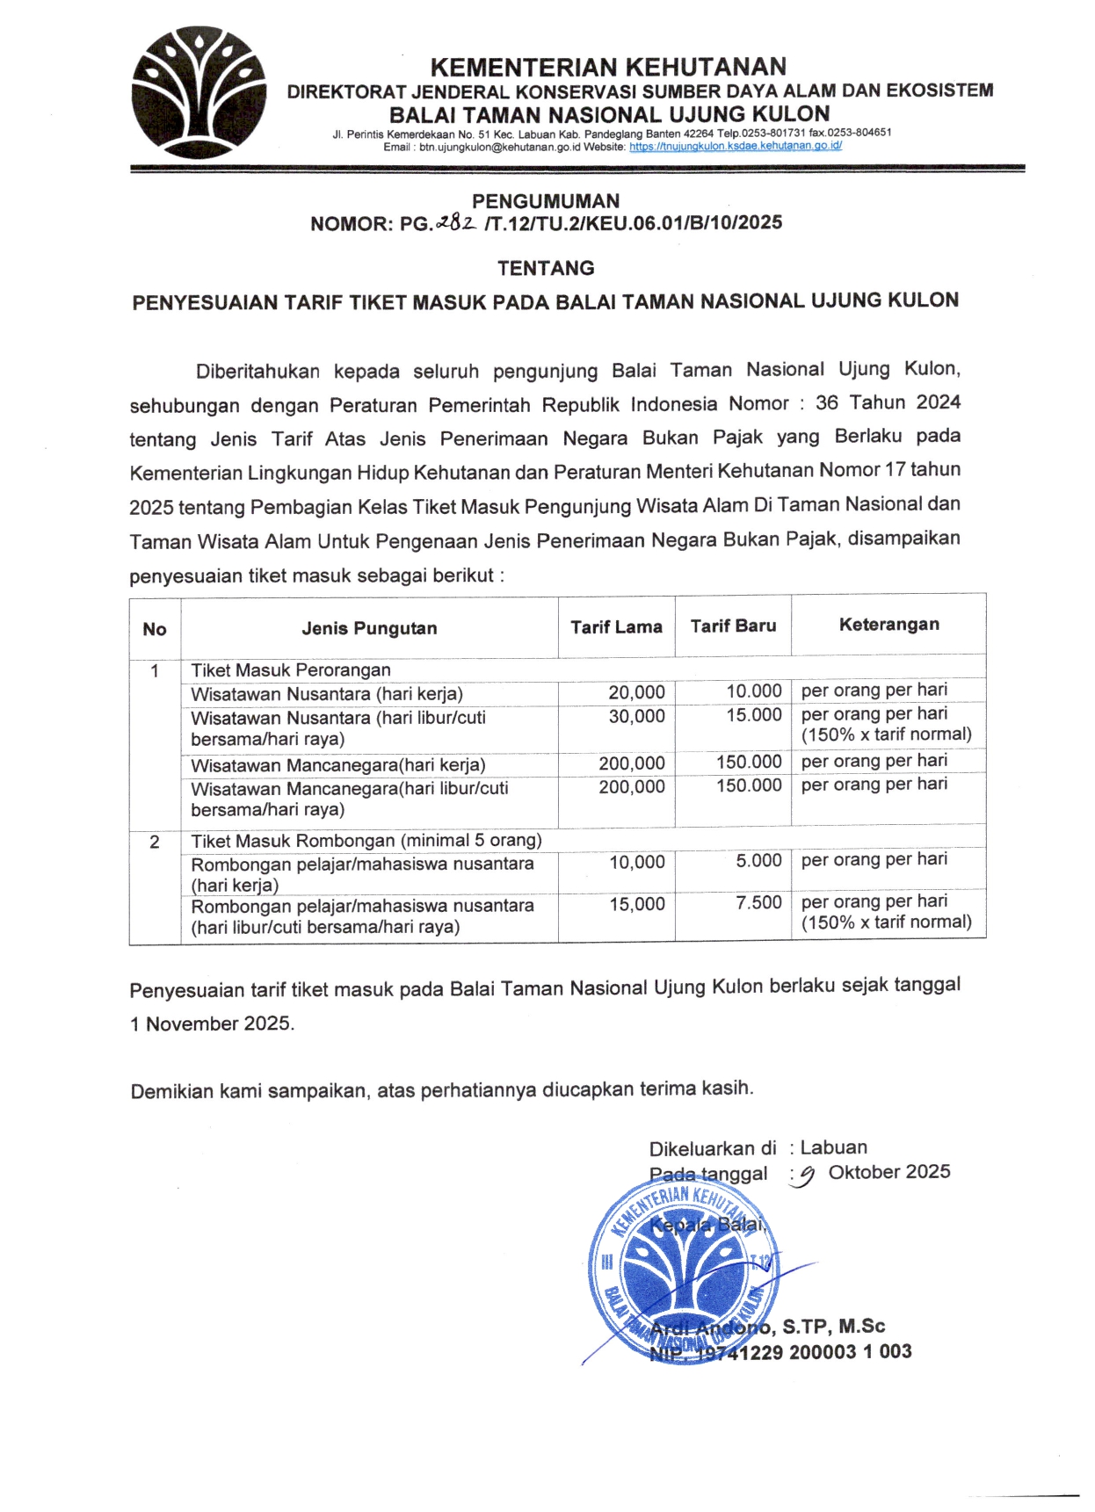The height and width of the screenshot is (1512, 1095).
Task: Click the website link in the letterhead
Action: click(x=735, y=147)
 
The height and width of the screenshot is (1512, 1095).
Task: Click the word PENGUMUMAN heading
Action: click(x=546, y=201)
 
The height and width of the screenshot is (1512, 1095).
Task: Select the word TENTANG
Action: click(x=546, y=268)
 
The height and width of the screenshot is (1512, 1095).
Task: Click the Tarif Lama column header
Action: click(x=616, y=626)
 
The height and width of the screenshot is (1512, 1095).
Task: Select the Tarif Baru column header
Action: click(x=733, y=626)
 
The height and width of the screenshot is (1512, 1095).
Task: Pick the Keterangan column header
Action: click(x=888, y=624)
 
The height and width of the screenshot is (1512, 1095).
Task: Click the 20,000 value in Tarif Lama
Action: click(x=636, y=692)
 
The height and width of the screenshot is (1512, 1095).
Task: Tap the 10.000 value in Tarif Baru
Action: click(x=753, y=691)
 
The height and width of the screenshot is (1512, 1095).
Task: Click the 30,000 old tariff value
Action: click(x=636, y=716)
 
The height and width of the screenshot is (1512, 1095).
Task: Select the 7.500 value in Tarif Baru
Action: click(x=758, y=902)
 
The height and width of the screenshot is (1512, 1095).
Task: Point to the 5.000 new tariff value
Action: click(x=758, y=860)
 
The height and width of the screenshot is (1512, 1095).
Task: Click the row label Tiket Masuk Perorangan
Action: click(x=291, y=670)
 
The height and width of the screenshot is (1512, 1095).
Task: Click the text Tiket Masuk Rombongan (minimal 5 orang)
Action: click(x=366, y=840)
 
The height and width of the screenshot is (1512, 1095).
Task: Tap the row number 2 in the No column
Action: click(x=155, y=842)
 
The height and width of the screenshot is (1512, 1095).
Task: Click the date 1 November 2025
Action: click(x=212, y=1024)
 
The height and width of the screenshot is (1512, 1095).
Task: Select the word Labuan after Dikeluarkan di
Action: click(x=833, y=1147)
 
